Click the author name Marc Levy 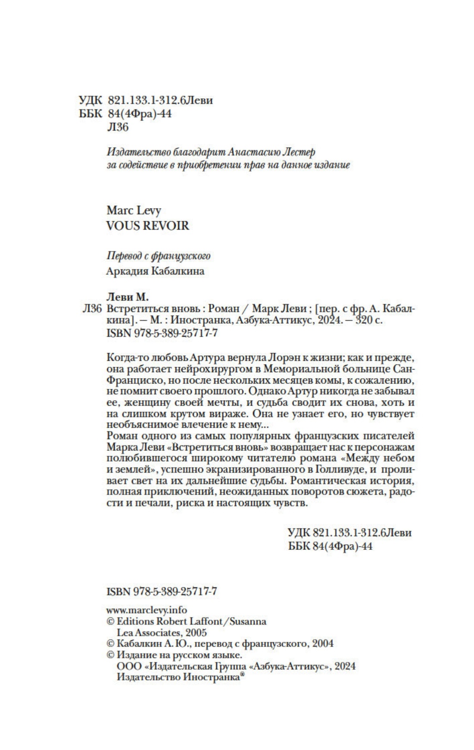(133, 211)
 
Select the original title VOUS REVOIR (147, 226)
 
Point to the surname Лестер (299, 152)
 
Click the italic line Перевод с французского (158, 256)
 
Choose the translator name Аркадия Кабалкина (155, 271)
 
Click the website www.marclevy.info (147, 610)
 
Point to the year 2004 (323, 644)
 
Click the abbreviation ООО (128, 666)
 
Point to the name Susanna (248, 621)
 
